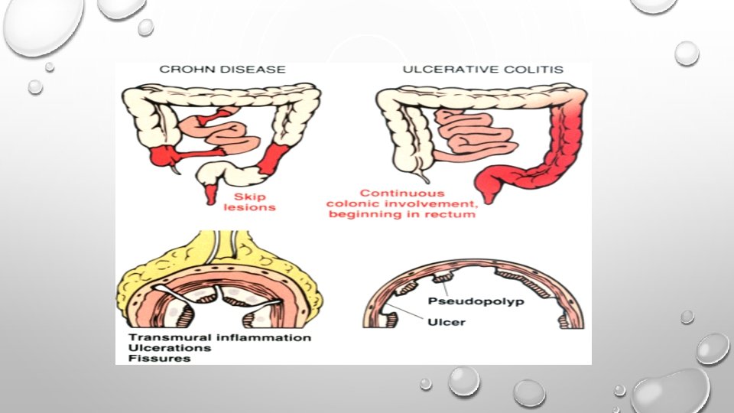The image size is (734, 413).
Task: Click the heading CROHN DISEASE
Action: pos(222,70)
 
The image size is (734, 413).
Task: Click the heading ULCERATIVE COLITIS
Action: pos(482,70)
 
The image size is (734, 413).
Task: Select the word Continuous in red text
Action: pos(392,193)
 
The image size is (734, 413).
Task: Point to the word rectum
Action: pos(454,215)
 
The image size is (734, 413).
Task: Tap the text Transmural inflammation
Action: pos(219,337)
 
